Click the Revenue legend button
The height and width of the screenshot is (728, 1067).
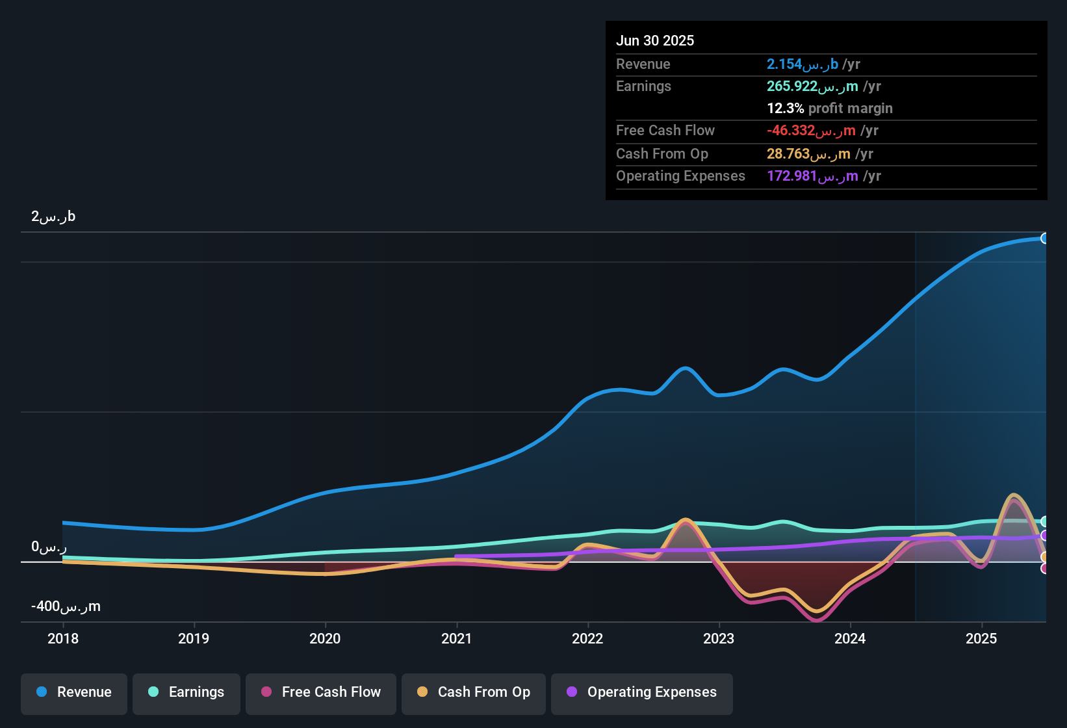coord(74,692)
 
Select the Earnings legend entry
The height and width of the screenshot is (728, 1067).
coord(186,692)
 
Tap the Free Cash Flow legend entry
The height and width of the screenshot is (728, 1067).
coord(321,692)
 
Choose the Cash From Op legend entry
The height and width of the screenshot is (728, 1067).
coord(474,692)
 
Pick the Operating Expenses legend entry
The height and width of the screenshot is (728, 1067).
coord(642,692)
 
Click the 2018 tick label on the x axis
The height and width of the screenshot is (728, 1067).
coord(63,638)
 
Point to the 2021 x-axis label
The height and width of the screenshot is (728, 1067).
coord(456,638)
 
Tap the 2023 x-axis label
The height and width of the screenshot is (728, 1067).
coord(719,638)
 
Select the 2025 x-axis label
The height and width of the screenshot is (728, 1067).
coord(981,638)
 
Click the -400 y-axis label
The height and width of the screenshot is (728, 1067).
coord(65,606)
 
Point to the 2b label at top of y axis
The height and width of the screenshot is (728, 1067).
coord(53,216)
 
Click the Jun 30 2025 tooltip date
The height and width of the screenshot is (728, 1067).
coord(655,40)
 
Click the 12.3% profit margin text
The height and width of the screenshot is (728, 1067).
coord(829,109)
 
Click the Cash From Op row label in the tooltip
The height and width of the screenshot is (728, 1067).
coord(662,154)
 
